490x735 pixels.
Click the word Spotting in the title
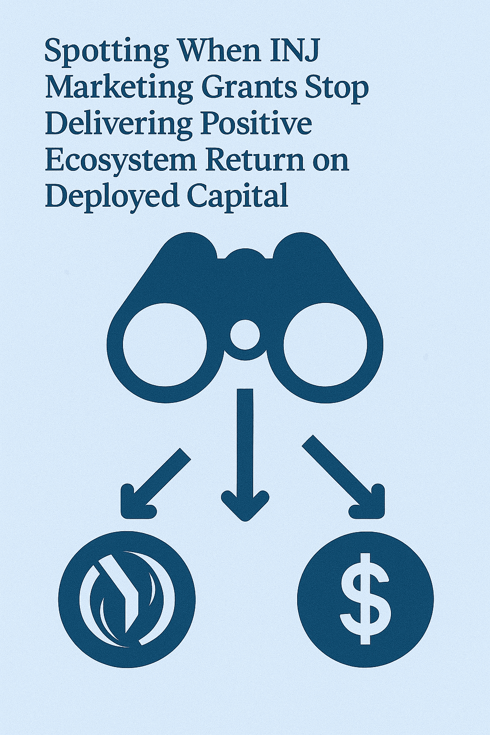[x=106, y=52]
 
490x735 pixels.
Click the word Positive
[x=256, y=124]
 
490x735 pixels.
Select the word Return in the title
[x=255, y=160]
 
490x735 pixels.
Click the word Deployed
[x=111, y=196]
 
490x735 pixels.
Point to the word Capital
[x=237, y=196]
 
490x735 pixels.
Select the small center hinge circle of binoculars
[x=245, y=334]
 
